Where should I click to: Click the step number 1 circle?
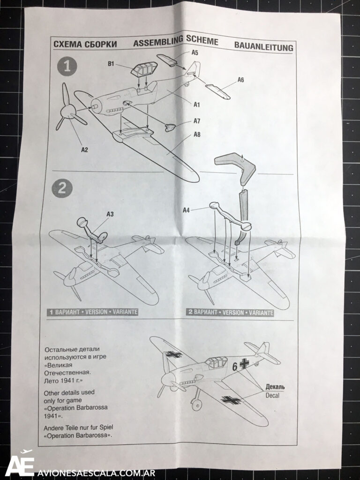(67, 67)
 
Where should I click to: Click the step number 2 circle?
(62, 188)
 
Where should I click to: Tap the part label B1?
(111, 64)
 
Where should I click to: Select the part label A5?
(195, 52)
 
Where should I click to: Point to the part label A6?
(240, 80)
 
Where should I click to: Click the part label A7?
(197, 121)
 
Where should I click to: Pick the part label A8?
(197, 135)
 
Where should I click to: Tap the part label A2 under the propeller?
(84, 150)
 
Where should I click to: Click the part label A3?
(110, 214)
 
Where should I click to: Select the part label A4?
(186, 210)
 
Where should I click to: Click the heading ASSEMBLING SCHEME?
(176, 41)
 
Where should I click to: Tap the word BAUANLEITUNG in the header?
(263, 46)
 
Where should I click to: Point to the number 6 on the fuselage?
(234, 367)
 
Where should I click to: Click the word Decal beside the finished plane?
(272, 395)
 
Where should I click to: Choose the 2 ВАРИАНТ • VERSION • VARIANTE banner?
(230, 313)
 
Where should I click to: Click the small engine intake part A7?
(170, 127)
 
